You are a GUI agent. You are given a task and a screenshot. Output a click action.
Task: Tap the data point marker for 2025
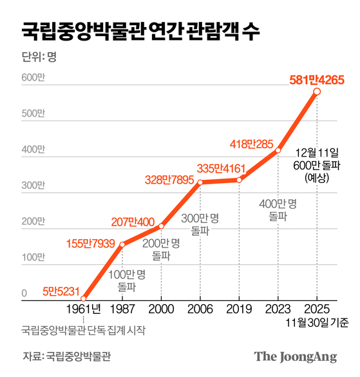click(x=316, y=92)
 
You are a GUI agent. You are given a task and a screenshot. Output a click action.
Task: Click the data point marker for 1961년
click(x=84, y=298)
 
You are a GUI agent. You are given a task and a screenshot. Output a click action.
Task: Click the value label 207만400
click(x=133, y=223)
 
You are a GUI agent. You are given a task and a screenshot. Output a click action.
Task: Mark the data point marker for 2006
click(x=200, y=182)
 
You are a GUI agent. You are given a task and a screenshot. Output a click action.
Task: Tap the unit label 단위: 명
click(x=39, y=57)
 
